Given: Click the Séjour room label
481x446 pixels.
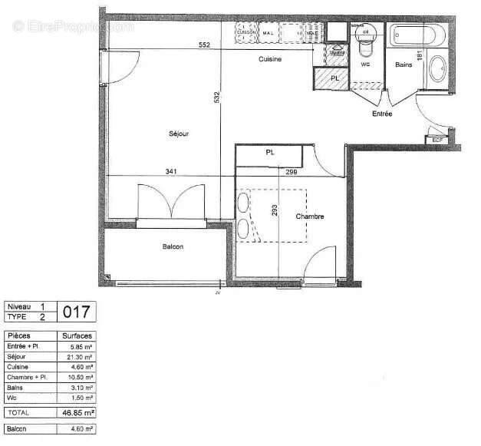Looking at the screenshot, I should coord(179,134).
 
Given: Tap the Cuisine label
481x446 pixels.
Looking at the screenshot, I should coord(269,59).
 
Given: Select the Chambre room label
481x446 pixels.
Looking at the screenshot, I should coord(310,216).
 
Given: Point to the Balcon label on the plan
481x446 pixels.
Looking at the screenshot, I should coord(173,246).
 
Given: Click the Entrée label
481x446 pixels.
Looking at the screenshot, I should coord(382,114).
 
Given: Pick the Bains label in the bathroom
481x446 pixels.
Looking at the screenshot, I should coord(404,65).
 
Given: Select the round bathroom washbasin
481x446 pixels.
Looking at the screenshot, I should coord(439,69).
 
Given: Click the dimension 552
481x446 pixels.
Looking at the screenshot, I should coord(205,45).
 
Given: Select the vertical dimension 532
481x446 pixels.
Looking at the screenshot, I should coord(219,97).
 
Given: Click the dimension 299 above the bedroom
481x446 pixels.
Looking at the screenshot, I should coord(292,172).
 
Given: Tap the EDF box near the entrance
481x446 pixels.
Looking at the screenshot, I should coord(438,140).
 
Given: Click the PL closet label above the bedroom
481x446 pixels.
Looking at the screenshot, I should coord(270,153).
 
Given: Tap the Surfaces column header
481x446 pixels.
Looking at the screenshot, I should coord(77,336).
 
